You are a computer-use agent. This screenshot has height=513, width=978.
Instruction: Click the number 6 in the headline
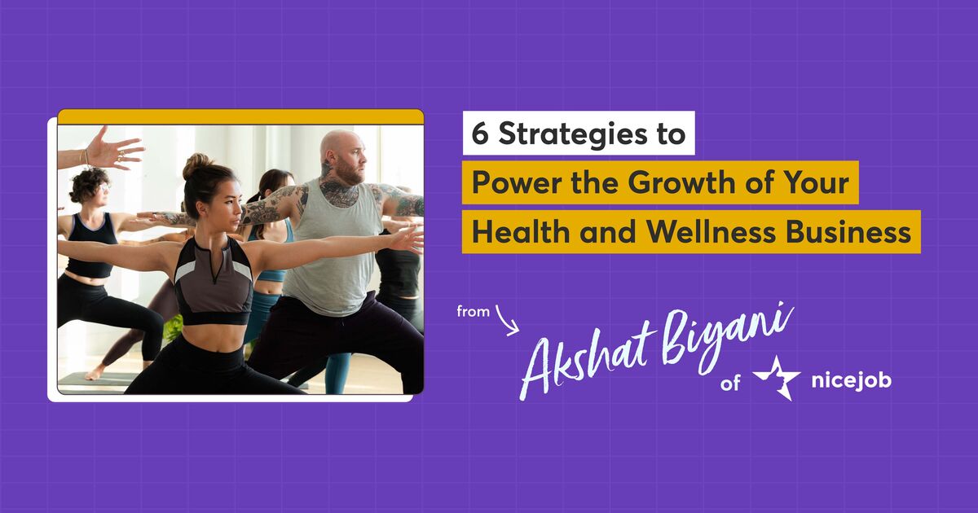481,134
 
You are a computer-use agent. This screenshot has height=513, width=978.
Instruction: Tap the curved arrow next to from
507,319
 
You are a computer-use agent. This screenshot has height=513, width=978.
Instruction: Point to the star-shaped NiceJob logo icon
776,376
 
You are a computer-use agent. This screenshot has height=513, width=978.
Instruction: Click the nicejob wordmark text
851,381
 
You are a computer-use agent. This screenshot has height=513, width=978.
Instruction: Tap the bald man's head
342,155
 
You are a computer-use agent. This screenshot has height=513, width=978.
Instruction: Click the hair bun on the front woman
196,165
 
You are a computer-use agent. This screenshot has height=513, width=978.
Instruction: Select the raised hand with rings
114,148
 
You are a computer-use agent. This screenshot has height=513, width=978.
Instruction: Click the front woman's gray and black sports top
214,277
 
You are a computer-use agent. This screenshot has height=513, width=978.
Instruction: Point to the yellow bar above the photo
240,117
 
